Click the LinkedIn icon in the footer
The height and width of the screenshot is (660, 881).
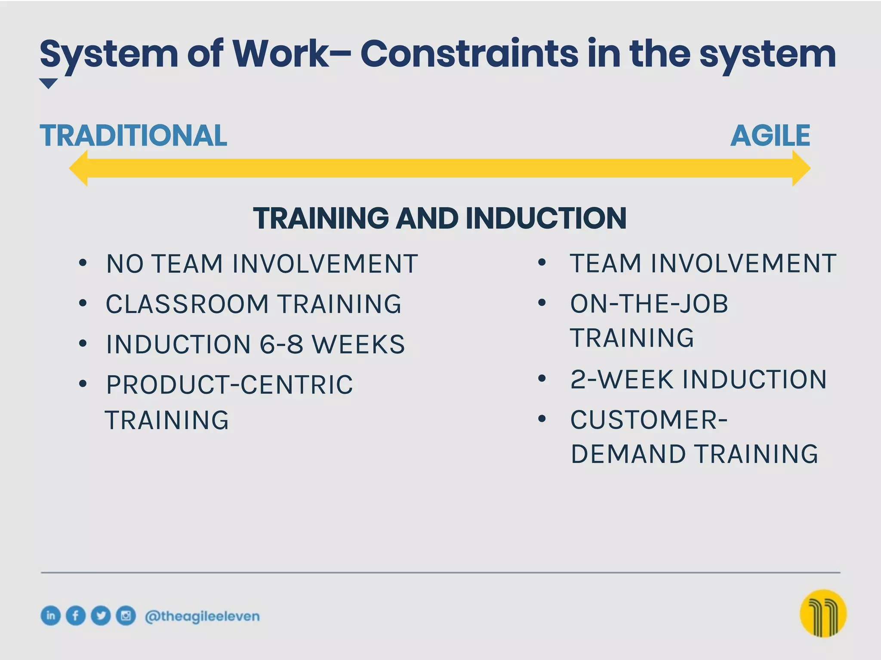[51, 615]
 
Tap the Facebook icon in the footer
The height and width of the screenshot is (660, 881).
[76, 615]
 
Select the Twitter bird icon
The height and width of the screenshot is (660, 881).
[101, 615]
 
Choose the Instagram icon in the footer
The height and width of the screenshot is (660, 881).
[126, 615]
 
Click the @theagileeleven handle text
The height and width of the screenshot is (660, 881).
[202, 616]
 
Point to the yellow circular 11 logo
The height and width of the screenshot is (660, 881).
[822, 613]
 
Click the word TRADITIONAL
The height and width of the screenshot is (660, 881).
[133, 136]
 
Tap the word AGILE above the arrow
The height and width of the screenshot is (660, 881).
[770, 136]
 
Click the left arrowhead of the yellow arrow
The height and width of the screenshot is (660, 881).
[79, 168]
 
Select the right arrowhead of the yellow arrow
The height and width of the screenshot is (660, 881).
[801, 168]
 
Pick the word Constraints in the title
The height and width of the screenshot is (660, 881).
[469, 54]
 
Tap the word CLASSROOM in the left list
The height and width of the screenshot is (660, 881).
[187, 304]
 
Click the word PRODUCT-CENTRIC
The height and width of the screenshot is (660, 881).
[230, 385]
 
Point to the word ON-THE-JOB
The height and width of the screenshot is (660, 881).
[649, 304]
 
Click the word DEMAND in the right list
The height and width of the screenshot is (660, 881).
[628, 454]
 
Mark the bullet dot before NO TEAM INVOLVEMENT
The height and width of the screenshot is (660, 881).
[83, 263]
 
